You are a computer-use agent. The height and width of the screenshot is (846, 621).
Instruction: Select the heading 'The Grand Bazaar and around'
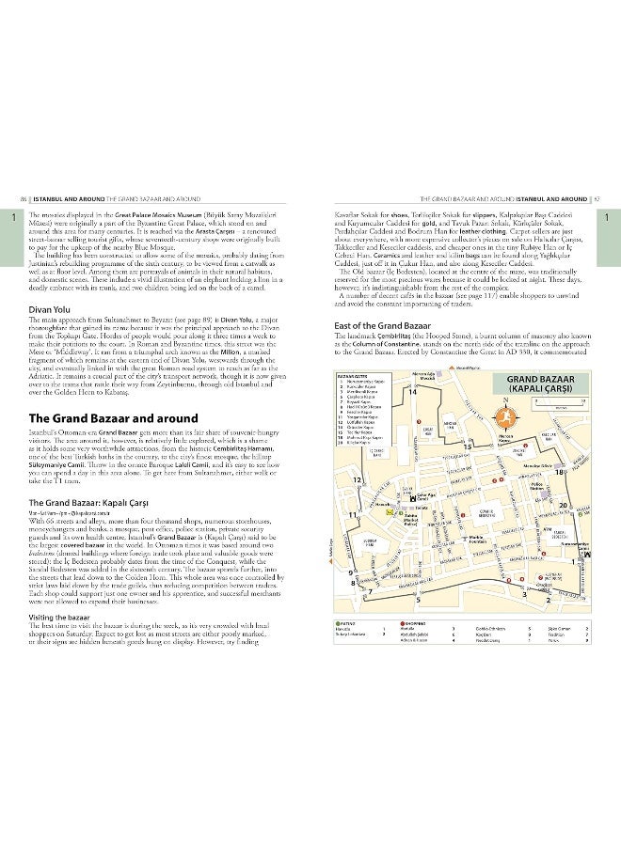(x=114, y=418)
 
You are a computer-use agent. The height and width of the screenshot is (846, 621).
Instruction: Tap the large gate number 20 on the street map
(x=564, y=507)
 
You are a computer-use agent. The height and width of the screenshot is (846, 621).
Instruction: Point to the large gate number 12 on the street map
(x=358, y=479)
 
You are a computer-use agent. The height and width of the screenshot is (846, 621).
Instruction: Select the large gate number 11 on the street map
(x=354, y=515)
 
